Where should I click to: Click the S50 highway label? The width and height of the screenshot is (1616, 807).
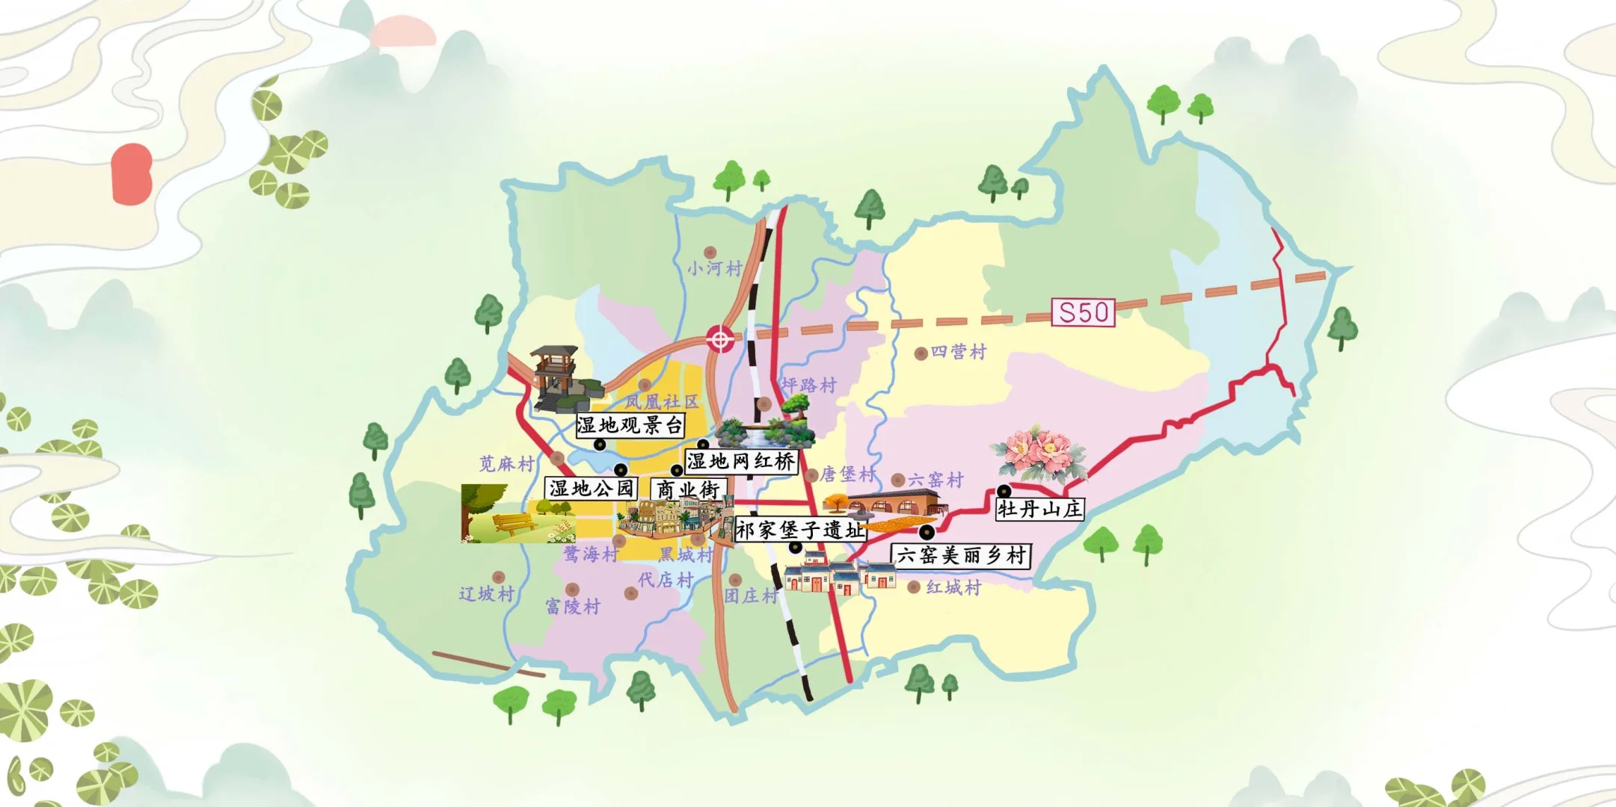pos(1083,312)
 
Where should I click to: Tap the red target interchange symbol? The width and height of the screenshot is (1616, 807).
pos(720,339)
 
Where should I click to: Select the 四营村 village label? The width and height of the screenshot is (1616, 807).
pos(959,351)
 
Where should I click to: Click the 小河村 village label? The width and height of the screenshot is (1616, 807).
pos(715,268)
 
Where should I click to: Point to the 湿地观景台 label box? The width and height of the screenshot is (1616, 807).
pos(630,425)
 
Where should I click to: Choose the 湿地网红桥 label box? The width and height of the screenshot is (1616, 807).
pos(741,461)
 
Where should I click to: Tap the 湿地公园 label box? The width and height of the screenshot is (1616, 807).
pos(592,489)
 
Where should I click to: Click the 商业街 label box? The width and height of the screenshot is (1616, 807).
pos(688,490)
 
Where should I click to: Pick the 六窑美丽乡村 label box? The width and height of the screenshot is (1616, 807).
pos(961,555)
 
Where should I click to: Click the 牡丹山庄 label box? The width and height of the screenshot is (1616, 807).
pos(1039,510)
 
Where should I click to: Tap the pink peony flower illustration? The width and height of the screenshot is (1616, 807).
pos(1038,453)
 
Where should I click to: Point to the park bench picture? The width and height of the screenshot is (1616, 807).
pos(516,514)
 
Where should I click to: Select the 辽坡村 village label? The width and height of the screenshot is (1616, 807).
pos(487,594)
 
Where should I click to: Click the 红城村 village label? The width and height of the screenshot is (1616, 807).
pos(953,588)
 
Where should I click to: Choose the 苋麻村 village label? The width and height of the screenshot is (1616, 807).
pos(507,464)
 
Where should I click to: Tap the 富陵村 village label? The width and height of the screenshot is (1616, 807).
pos(573,607)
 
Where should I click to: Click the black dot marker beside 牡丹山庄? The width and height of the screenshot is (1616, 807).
pos(1004,491)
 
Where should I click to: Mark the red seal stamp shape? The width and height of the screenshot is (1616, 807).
pos(132,174)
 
